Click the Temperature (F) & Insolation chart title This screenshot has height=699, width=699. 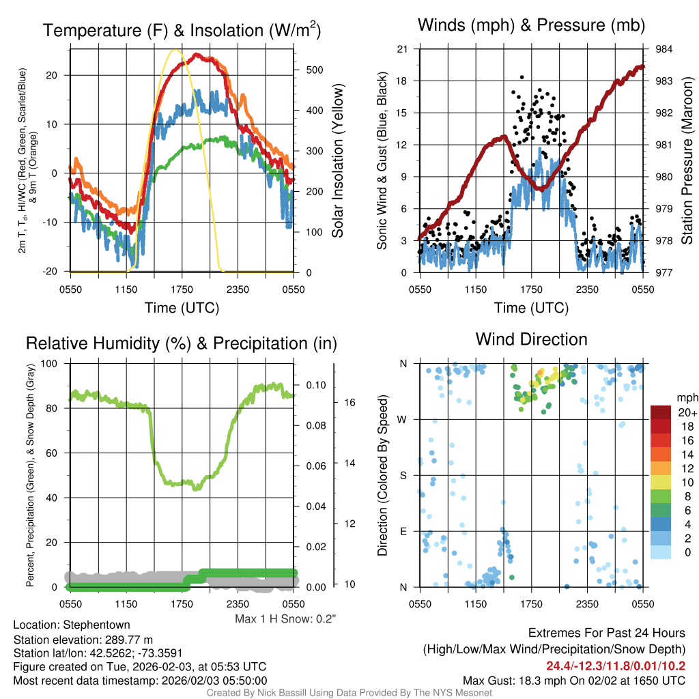(x=182, y=31)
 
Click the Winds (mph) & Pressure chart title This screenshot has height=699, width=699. (x=532, y=26)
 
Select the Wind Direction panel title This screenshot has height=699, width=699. (x=531, y=339)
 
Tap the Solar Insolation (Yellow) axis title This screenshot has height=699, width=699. (x=338, y=161)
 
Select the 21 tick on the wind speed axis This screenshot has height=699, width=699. (x=402, y=49)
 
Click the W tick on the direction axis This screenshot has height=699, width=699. (x=403, y=420)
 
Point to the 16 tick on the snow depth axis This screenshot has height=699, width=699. (x=349, y=403)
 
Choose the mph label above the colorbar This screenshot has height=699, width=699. (x=687, y=397)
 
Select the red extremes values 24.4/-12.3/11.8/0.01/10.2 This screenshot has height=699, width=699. (x=616, y=666)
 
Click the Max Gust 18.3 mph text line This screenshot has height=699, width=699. (x=574, y=680)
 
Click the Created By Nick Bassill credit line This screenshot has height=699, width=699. (x=349, y=693)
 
